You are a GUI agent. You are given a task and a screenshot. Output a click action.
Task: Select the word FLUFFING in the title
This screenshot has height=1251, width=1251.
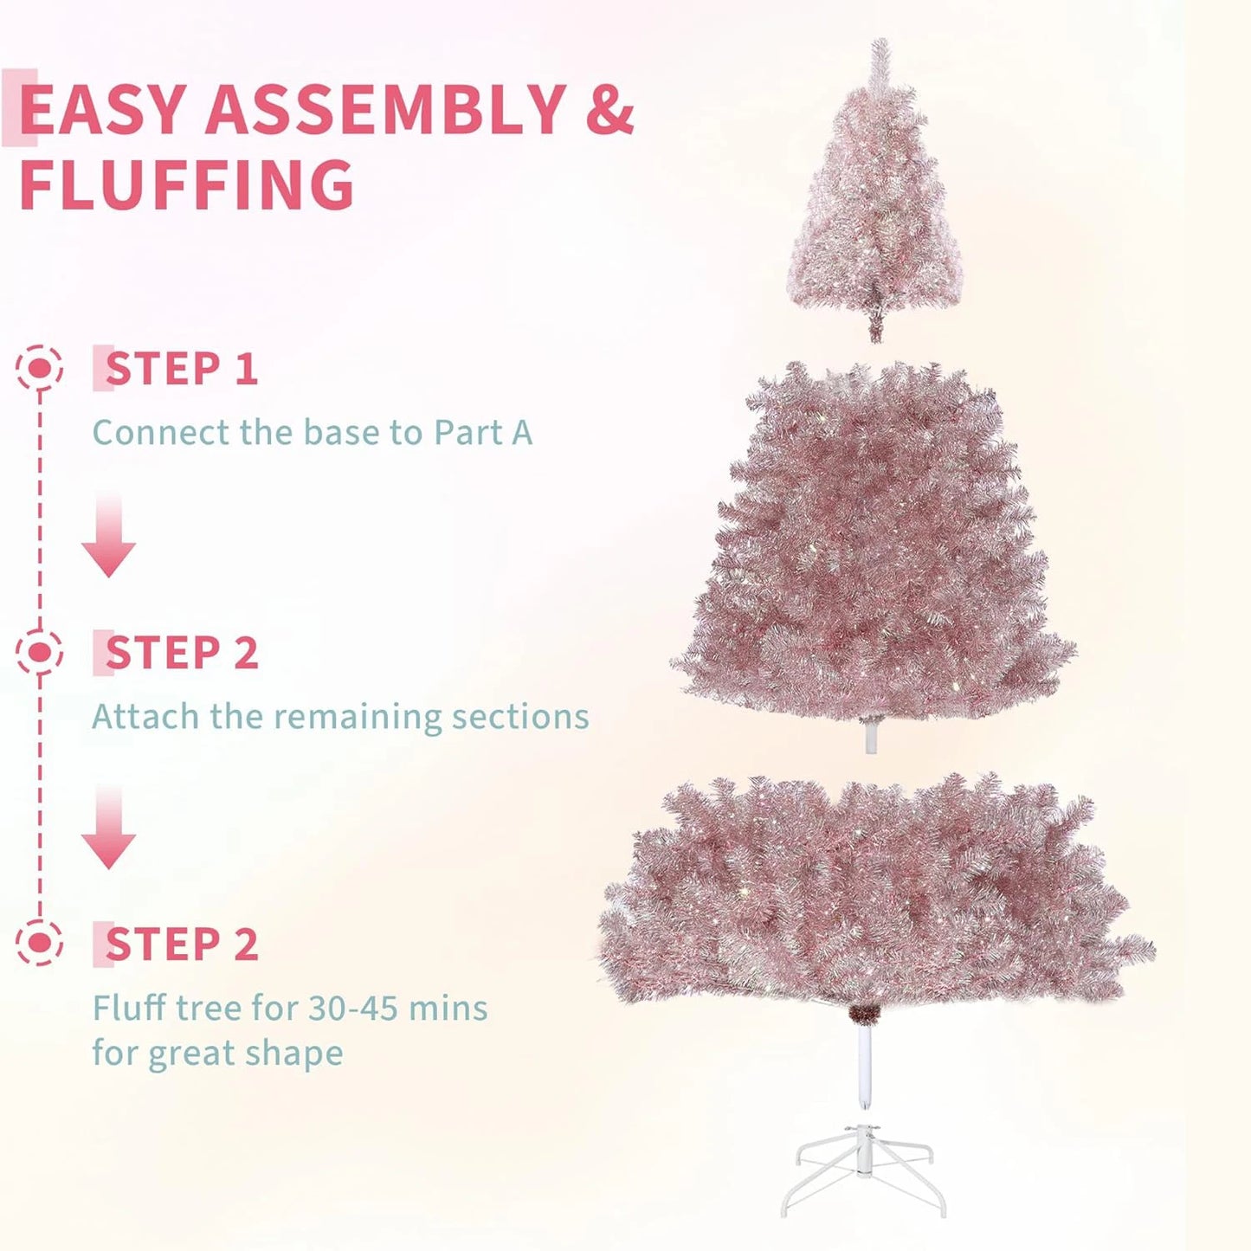(x=186, y=184)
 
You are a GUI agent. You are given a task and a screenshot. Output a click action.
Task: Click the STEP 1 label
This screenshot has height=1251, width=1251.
(x=181, y=369)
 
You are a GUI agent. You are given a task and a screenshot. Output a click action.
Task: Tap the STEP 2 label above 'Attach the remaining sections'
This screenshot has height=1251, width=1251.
(x=181, y=653)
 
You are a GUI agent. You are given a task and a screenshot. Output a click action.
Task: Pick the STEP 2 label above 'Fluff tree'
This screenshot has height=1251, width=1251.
(x=181, y=944)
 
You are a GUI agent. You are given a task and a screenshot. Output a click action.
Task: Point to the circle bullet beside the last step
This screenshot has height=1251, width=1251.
(x=39, y=943)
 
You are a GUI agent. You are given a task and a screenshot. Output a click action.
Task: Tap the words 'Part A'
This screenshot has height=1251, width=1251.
(x=483, y=432)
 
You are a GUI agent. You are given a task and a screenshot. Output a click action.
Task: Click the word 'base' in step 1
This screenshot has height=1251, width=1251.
(x=341, y=432)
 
